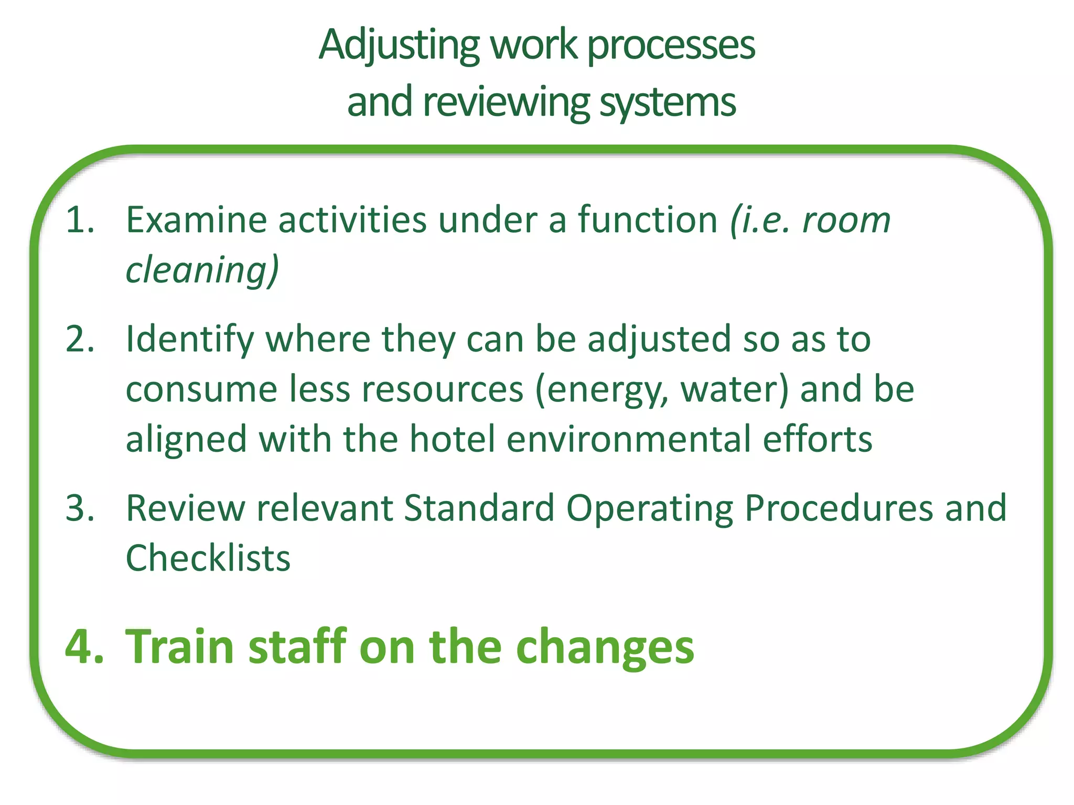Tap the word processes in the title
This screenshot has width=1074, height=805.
(x=671, y=46)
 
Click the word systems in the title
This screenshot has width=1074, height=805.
(x=668, y=102)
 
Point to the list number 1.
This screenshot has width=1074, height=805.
(x=80, y=220)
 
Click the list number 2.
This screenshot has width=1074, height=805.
(x=80, y=340)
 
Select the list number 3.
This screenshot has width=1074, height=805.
(x=80, y=508)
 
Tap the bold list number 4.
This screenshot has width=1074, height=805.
(x=84, y=646)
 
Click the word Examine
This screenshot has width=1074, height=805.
(x=197, y=220)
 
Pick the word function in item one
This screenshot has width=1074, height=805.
(x=648, y=220)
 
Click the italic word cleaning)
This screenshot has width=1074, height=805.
(x=202, y=270)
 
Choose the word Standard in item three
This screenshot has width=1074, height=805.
(x=479, y=508)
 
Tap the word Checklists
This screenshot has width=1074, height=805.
(x=208, y=558)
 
